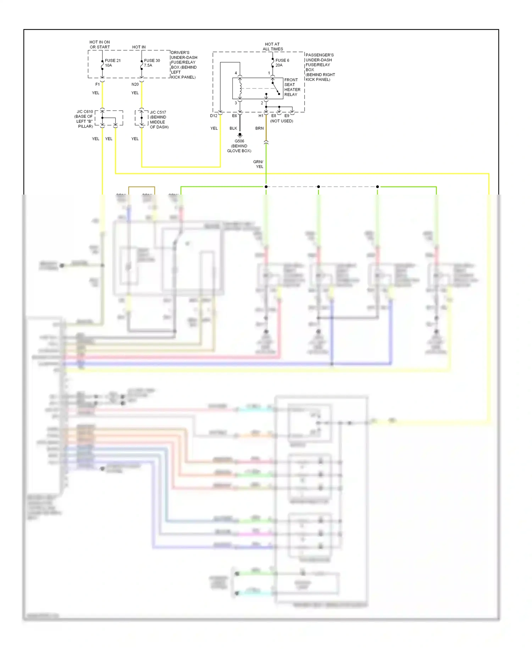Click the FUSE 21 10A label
[112, 63]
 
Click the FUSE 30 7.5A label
[152, 63]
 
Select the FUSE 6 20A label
[282, 63]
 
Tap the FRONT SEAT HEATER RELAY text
[292, 87]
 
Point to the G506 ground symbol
[240, 135]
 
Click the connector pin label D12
[214, 116]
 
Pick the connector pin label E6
[234, 116]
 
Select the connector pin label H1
[261, 116]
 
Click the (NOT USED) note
[282, 121]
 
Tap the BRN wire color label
[259, 128]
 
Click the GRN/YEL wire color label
[258, 164]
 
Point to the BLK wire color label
[233, 128]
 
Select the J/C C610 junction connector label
[84, 119]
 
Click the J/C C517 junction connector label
[159, 120]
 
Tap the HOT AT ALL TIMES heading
[272, 47]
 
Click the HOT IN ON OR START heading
[100, 44]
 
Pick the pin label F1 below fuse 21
[98, 84]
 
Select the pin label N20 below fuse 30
[135, 84]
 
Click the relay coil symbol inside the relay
[240, 89]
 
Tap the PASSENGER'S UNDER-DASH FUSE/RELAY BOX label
[320, 67]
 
